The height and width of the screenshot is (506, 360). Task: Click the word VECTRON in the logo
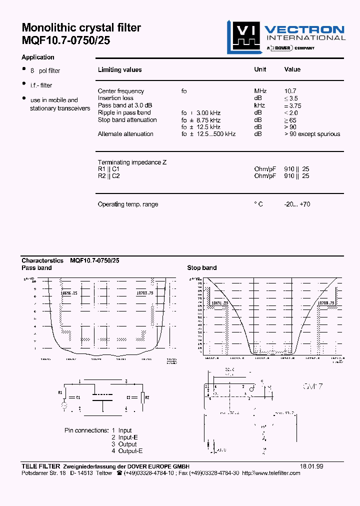pos(304,29)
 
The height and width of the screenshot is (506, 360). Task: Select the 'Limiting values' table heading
pos(119,70)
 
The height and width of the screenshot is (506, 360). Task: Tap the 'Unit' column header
pos(260,69)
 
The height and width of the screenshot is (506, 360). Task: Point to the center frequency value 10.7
pos(290,91)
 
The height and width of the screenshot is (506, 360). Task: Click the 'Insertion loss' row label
pos(115,98)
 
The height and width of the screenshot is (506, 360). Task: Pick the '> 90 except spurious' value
pos(312,134)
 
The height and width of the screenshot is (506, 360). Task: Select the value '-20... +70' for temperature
pos(297,204)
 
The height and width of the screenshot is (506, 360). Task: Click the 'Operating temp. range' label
pos(128,204)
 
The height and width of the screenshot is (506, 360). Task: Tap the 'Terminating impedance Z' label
pos(132,162)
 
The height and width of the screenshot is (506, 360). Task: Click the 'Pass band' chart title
pos(36,268)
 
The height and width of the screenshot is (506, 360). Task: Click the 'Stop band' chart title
pos(201,268)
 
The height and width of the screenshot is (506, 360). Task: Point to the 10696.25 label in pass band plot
pos(69,293)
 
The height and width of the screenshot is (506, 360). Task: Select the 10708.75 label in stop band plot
pos(327,303)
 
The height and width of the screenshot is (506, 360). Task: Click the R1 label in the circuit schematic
pos(61,392)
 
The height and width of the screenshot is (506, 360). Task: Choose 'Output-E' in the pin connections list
pos(130,451)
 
